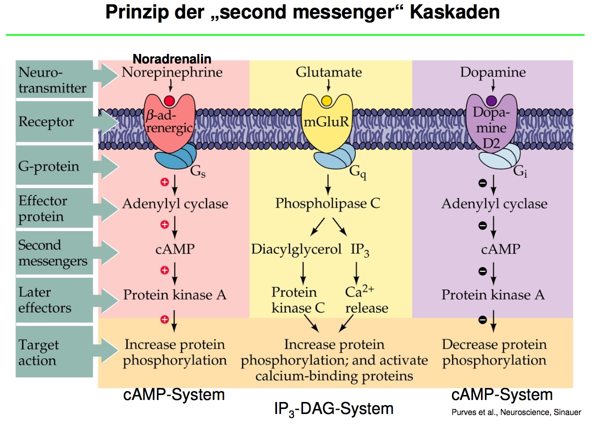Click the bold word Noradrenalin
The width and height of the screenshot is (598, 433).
[x=171, y=59]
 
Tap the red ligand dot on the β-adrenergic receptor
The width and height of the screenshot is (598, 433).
[x=169, y=100]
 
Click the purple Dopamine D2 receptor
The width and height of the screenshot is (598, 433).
[x=491, y=125]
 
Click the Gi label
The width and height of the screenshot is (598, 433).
[x=520, y=173]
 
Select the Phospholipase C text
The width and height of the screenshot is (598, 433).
[x=327, y=203]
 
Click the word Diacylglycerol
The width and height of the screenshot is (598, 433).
[x=296, y=248]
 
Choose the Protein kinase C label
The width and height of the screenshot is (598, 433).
[x=297, y=300]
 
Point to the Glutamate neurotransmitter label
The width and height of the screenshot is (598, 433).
[x=328, y=72]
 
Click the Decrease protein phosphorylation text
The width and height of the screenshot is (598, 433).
[x=494, y=352]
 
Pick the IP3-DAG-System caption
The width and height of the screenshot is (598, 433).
[x=333, y=409]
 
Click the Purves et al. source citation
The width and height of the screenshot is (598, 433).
[x=515, y=412]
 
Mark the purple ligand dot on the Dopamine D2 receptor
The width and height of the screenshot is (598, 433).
[x=491, y=100]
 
